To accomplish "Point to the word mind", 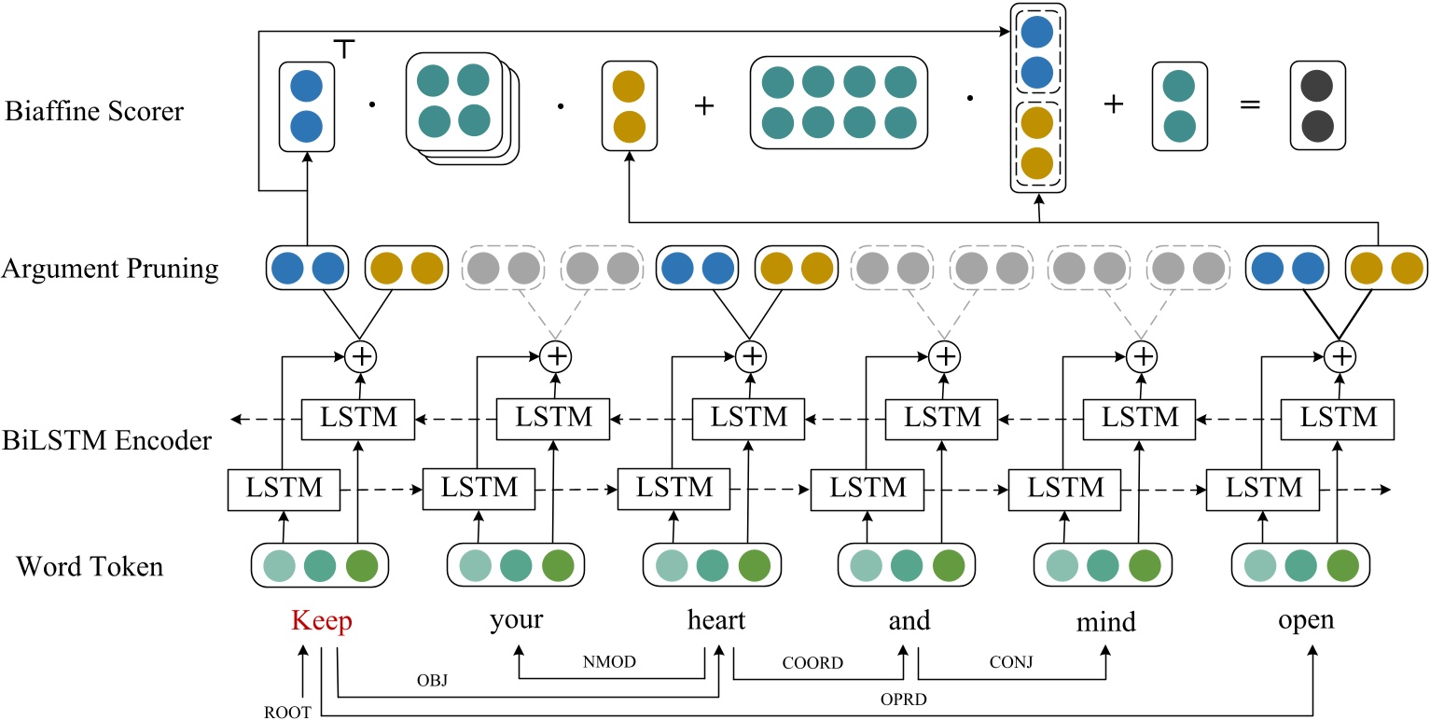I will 1104,621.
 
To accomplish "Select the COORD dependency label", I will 814,663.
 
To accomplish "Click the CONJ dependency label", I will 1011,663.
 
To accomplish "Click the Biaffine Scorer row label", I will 94,113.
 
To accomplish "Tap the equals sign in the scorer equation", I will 1249,104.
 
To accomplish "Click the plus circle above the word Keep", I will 358,356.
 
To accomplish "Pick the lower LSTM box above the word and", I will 858,487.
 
